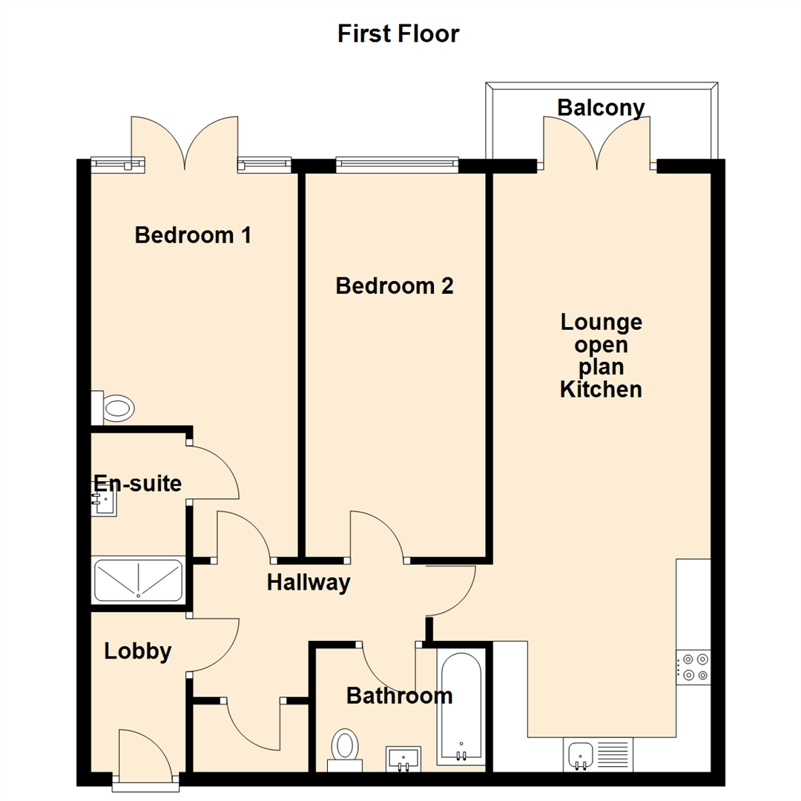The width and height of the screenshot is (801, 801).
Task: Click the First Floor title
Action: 398,34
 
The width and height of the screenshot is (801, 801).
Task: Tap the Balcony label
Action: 601,108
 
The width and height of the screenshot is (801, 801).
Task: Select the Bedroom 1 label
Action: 193,236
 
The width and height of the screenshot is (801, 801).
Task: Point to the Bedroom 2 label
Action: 394,286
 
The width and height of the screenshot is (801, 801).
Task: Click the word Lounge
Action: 601,323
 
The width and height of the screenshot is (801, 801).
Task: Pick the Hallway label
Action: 308,583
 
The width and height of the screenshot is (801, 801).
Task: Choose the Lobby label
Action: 138,651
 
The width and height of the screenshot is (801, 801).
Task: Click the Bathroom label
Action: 399,696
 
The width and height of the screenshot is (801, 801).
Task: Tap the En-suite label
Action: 138,484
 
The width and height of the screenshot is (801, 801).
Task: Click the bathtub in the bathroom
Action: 461,708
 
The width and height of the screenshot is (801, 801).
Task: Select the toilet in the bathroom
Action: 344,746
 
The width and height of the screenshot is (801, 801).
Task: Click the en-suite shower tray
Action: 138,580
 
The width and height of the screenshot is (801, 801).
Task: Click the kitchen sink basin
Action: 579,754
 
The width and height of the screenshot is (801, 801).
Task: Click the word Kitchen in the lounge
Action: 601,389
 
